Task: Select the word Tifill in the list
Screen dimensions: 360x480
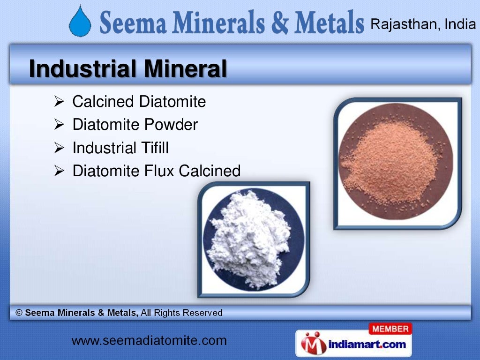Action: coord(154,148)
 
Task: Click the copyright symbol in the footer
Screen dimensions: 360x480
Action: coord(19,313)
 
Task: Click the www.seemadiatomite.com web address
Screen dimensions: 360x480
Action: coord(149,341)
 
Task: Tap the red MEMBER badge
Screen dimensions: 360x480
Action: coord(390,329)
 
